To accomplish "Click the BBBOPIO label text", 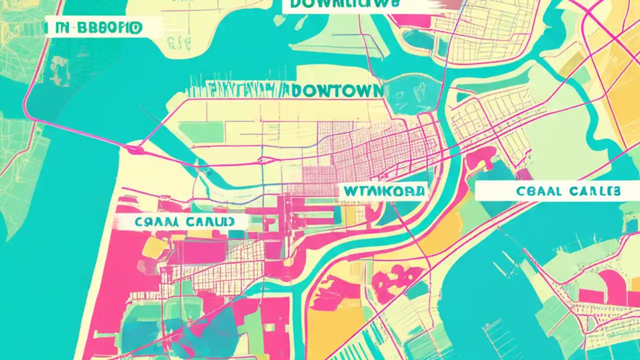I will [x=107, y=28].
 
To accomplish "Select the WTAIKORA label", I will [x=383, y=190].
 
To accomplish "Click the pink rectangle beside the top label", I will [x=445, y=5].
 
